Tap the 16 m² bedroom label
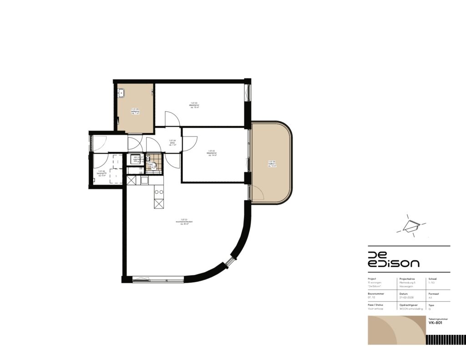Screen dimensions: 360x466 pyautogui.click(x=194, y=106)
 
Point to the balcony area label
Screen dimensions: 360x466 pyautogui.click(x=272, y=163)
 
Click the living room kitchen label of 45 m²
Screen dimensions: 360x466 pyautogui.click(x=184, y=222)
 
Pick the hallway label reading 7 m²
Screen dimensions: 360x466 pyautogui.click(x=172, y=142)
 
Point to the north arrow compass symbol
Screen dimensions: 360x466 pyautogui.click(x=411, y=226)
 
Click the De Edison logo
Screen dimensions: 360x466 pyautogui.click(x=393, y=259)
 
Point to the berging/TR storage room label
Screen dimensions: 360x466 pyautogui.click(x=102, y=173)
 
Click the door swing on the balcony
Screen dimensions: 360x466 pyautogui.click(x=258, y=193)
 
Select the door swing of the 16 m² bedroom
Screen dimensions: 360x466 pyautogui.click(x=172, y=119)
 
